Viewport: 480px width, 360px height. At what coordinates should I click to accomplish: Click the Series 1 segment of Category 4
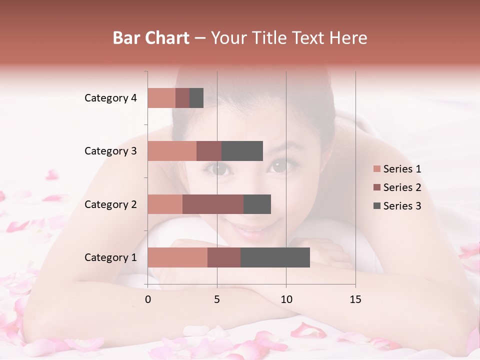pyautogui.click(x=161, y=98)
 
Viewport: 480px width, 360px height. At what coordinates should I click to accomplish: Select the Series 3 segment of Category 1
pyautogui.click(x=275, y=257)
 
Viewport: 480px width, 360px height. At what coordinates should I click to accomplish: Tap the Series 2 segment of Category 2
pyautogui.click(x=213, y=204)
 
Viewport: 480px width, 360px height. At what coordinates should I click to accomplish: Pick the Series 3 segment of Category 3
pyautogui.click(x=242, y=151)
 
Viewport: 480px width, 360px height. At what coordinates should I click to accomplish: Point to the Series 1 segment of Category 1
pyautogui.click(x=177, y=257)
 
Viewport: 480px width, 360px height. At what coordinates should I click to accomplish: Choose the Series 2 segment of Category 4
pyautogui.click(x=182, y=98)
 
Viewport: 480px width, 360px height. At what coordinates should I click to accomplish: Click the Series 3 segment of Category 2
pyautogui.click(x=257, y=204)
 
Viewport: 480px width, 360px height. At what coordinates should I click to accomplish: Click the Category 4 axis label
pyautogui.click(x=110, y=98)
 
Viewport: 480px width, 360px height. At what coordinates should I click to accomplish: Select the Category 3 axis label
pyautogui.click(x=110, y=151)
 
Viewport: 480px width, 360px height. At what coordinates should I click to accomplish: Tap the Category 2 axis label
pyautogui.click(x=110, y=204)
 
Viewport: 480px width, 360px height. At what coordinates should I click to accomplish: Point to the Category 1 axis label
pyautogui.click(x=110, y=257)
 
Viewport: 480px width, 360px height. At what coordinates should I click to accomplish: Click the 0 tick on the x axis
pyautogui.click(x=148, y=299)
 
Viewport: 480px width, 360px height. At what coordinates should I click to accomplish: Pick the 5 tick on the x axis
pyautogui.click(x=217, y=299)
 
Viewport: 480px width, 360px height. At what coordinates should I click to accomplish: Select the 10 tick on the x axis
pyautogui.click(x=286, y=299)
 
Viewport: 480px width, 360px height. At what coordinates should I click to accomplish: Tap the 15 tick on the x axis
pyautogui.click(x=355, y=299)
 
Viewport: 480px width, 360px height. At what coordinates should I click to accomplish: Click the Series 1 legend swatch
pyautogui.click(x=377, y=169)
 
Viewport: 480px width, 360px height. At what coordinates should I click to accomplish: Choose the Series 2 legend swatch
pyautogui.click(x=377, y=187)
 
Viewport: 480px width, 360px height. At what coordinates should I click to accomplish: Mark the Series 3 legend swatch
pyautogui.click(x=377, y=206)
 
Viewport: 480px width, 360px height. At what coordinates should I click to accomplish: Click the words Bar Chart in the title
pyautogui.click(x=151, y=37)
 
